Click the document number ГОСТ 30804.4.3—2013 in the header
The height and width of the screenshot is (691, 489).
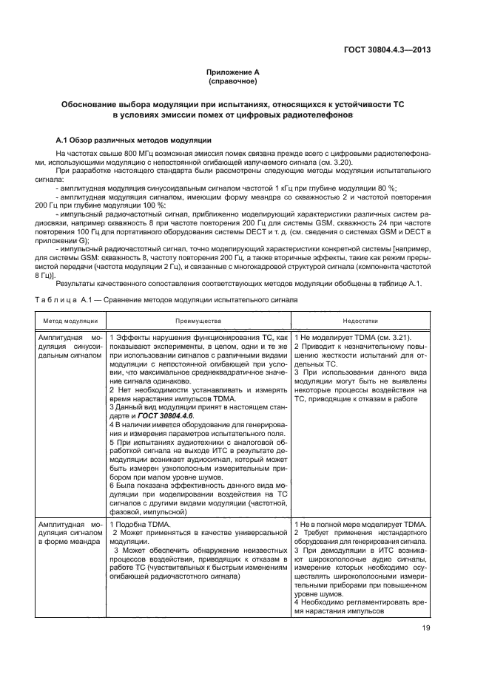(x=387, y=50)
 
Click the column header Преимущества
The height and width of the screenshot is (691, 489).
(x=198, y=321)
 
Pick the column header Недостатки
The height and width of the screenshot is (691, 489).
(x=360, y=321)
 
